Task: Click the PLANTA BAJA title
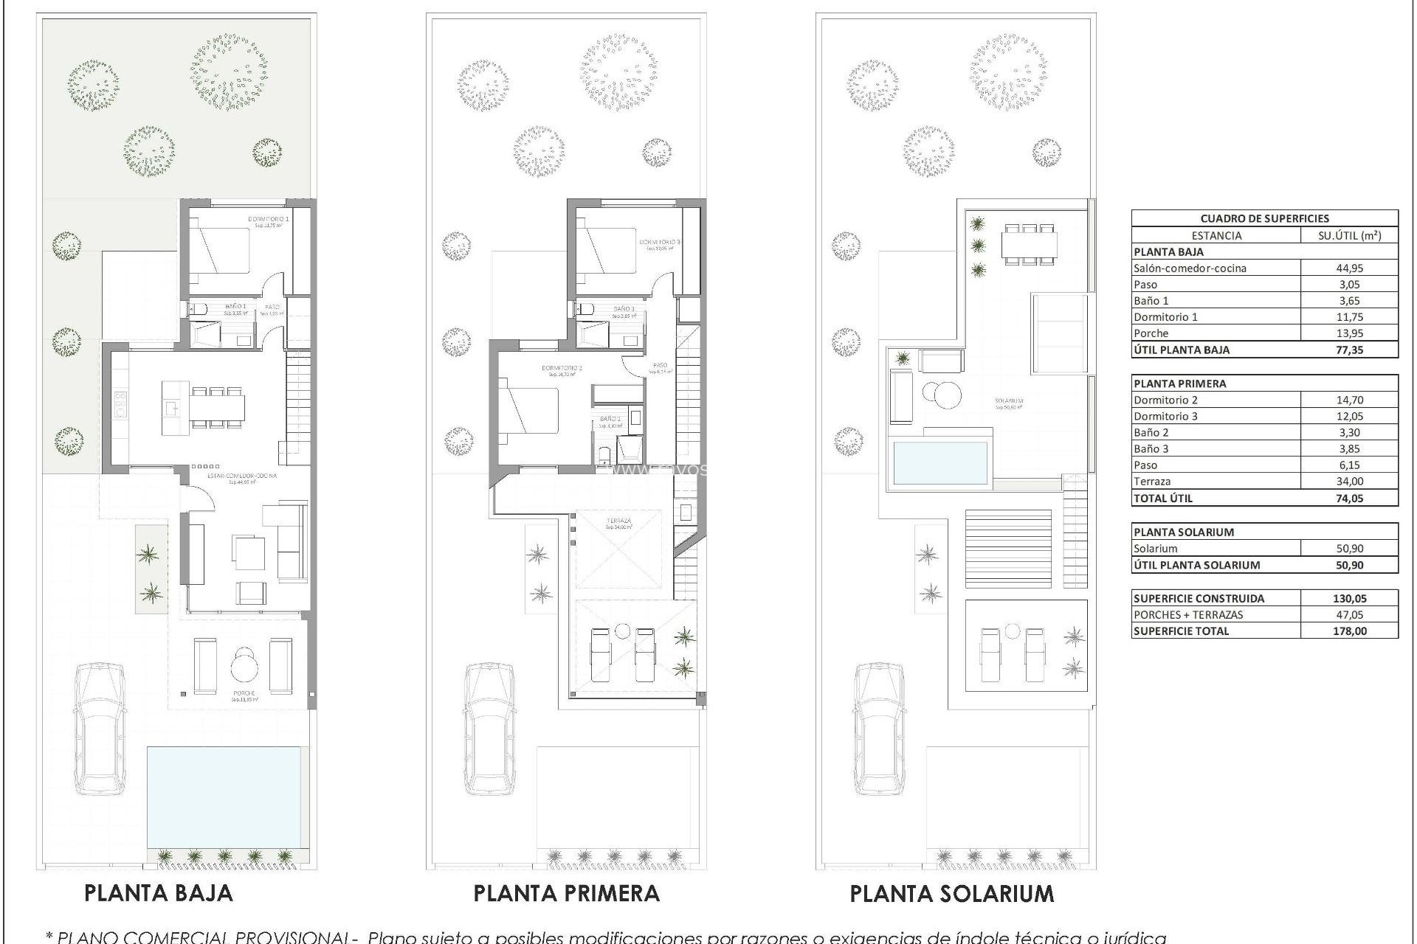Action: (x=159, y=893)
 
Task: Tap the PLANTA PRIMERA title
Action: (x=566, y=893)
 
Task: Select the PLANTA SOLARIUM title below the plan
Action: (x=952, y=894)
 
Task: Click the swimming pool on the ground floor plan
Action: (x=224, y=797)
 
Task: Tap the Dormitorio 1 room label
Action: (x=268, y=219)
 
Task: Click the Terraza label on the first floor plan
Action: (x=618, y=521)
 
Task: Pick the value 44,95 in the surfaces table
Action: (x=1348, y=268)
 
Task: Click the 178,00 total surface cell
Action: (x=1348, y=631)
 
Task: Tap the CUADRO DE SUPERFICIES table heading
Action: (x=1264, y=218)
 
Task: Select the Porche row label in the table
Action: (x=1151, y=333)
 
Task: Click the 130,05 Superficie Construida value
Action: (x=1348, y=598)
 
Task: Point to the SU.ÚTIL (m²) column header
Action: (x=1348, y=235)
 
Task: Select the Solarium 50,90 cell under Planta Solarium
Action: (x=1348, y=549)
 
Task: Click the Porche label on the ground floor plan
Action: (x=244, y=693)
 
